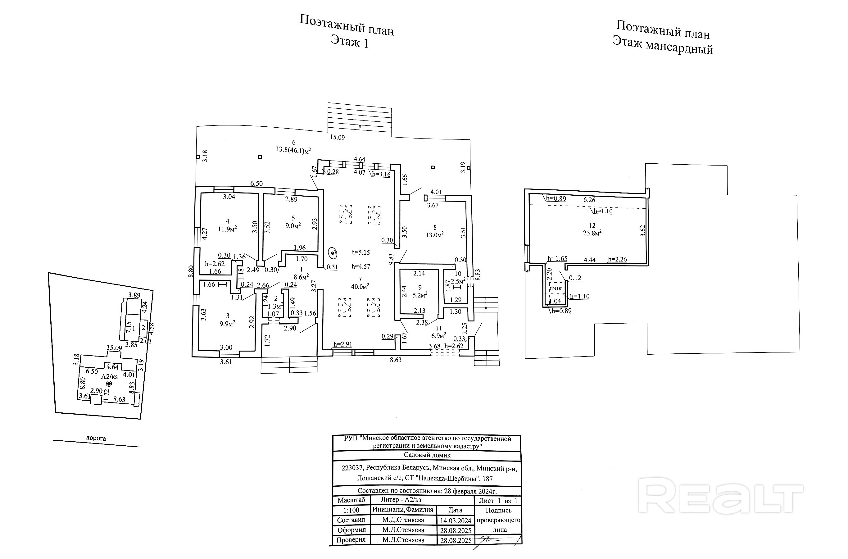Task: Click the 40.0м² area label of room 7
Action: coord(360,286)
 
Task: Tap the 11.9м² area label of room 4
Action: coord(227,229)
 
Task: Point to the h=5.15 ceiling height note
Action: coord(361,252)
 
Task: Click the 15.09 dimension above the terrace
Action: coord(337,137)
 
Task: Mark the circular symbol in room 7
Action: coord(333,253)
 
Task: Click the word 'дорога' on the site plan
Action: coord(96,438)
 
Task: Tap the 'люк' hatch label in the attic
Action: coord(556,288)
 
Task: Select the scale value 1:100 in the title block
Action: coord(351,510)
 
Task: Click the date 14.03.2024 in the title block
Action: coord(456,521)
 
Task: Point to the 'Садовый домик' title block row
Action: coord(427,455)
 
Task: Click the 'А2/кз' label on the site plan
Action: coord(109,376)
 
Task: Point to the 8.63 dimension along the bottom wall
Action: coord(395,360)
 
